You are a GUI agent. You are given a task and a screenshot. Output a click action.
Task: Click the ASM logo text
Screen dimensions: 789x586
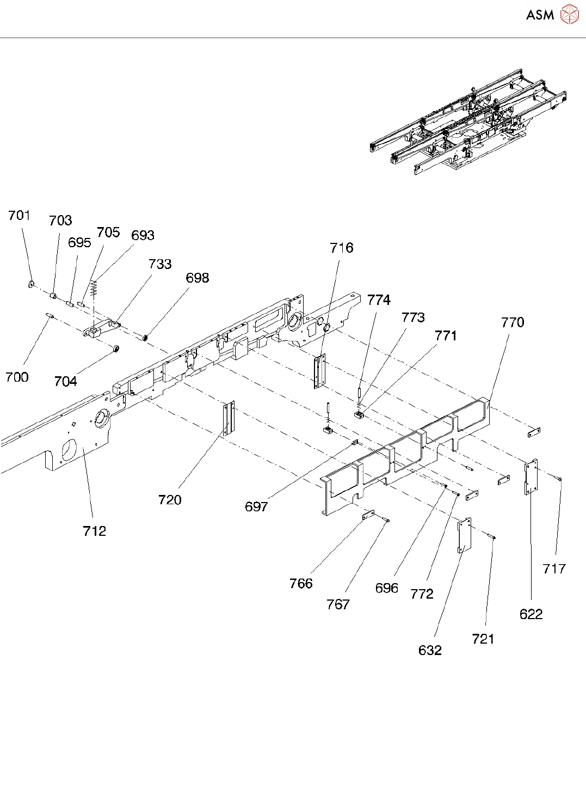(540, 15)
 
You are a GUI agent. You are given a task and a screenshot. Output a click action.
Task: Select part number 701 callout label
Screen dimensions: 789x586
(19, 216)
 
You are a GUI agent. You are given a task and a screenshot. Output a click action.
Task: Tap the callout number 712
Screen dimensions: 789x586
(94, 531)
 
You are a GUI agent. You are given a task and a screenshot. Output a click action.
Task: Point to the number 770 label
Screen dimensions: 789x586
(513, 322)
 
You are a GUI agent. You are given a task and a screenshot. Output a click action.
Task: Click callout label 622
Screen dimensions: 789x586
(531, 614)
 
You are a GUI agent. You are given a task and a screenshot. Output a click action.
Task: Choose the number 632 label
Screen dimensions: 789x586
(430, 650)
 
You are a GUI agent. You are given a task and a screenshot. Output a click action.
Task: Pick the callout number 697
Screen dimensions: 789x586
(256, 507)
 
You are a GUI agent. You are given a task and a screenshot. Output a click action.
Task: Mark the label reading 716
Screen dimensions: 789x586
(342, 248)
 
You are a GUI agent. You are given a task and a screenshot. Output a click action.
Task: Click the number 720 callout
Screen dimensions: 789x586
(170, 500)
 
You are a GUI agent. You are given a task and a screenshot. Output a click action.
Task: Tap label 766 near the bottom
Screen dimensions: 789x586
(301, 584)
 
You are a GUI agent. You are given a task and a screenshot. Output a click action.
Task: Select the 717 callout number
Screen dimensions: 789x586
(554, 569)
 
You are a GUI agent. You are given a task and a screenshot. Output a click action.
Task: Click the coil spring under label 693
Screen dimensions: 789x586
(94, 288)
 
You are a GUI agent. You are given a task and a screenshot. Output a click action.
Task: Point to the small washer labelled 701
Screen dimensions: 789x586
(31, 284)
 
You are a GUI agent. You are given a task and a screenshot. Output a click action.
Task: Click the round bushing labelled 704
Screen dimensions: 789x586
(115, 348)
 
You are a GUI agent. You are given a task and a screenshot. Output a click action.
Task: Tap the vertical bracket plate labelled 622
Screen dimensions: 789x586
(531, 476)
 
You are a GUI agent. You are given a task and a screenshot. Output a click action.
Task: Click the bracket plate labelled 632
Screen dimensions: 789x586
(464, 535)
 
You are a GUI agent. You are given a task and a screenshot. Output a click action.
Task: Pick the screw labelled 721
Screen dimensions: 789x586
(492, 537)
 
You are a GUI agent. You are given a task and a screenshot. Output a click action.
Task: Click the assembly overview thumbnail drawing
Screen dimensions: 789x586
(468, 123)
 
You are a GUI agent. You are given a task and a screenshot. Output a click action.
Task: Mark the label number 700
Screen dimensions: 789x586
(17, 377)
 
